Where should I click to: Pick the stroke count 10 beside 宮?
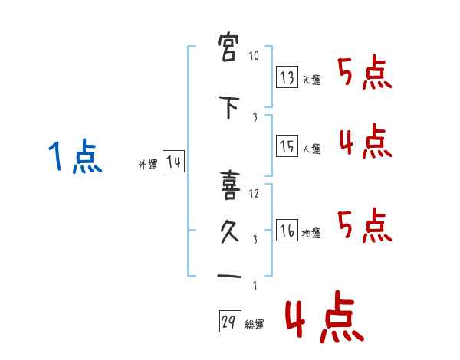tap(255, 57)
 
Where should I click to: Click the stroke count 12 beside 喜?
tap(255, 193)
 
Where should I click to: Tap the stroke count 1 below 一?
tap(255, 286)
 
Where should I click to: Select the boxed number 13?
tap(287, 77)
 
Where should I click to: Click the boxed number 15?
tap(287, 146)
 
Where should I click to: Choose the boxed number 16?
tap(287, 230)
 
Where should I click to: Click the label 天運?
tap(311, 80)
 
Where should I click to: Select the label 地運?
tap(311, 234)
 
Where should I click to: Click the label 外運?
tap(147, 165)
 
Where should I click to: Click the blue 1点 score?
tap(74, 159)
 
